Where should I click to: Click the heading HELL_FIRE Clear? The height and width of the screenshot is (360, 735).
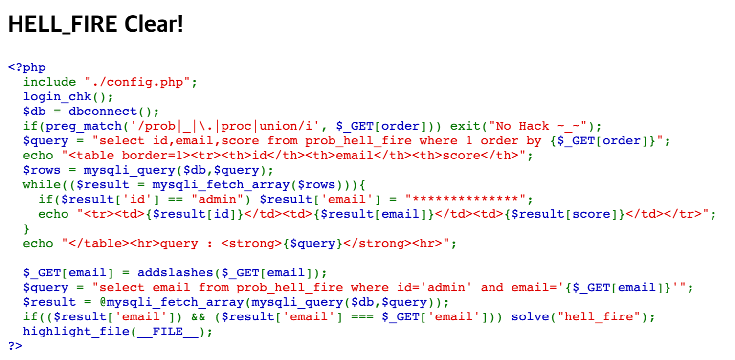click(x=96, y=24)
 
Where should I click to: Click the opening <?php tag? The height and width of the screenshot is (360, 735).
click(x=27, y=67)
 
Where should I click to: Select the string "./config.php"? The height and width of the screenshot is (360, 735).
click(x=137, y=82)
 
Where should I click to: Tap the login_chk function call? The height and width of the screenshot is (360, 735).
click(x=58, y=97)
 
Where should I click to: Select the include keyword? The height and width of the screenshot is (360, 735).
click(x=50, y=82)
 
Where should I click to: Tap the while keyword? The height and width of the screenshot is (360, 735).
click(x=42, y=185)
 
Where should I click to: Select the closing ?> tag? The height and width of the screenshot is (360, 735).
click(x=15, y=346)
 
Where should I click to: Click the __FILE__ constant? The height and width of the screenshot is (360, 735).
click(x=168, y=332)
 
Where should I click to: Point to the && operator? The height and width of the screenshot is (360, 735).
click(x=198, y=317)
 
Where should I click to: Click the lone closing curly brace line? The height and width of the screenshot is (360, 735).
click(x=26, y=228)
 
